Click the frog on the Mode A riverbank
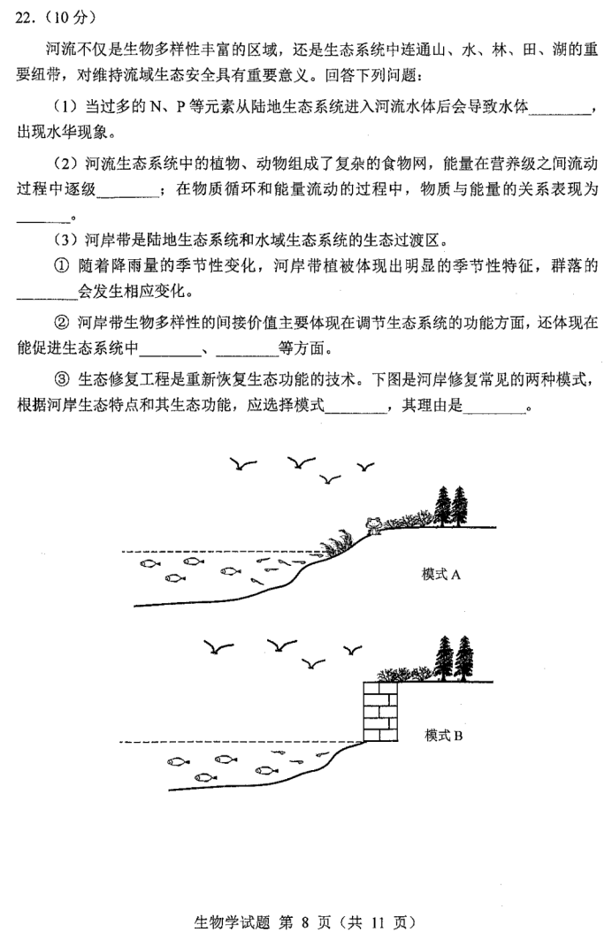(372, 525)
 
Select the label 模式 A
(441, 575)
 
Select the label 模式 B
(443, 736)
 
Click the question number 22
(24, 18)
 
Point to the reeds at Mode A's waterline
(336, 542)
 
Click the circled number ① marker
(62, 266)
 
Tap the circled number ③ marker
(62, 378)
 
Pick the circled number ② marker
(62, 323)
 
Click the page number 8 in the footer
(304, 922)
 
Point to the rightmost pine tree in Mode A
(460, 506)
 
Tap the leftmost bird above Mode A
(243, 464)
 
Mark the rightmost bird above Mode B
(352, 651)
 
